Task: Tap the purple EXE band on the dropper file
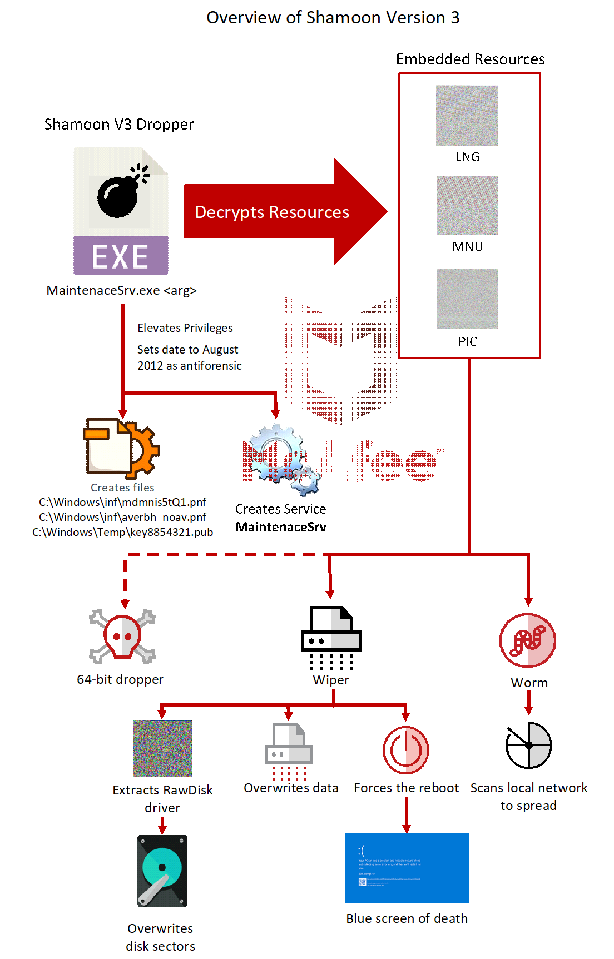click(121, 256)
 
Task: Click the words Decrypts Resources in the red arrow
click(272, 212)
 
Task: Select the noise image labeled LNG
click(467, 116)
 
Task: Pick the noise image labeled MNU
click(467, 205)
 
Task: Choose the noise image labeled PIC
click(467, 299)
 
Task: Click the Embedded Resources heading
click(470, 59)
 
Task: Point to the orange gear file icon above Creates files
click(121, 448)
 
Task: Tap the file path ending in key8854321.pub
click(122, 532)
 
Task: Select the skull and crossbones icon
click(122, 637)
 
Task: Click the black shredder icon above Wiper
click(331, 637)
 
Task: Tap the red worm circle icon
click(527, 640)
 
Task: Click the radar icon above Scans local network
click(528, 745)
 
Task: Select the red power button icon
click(406, 749)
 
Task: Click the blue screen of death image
click(407, 867)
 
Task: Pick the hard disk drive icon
click(162, 871)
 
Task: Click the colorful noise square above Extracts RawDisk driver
click(162, 748)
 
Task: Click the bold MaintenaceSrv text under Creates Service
click(281, 527)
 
